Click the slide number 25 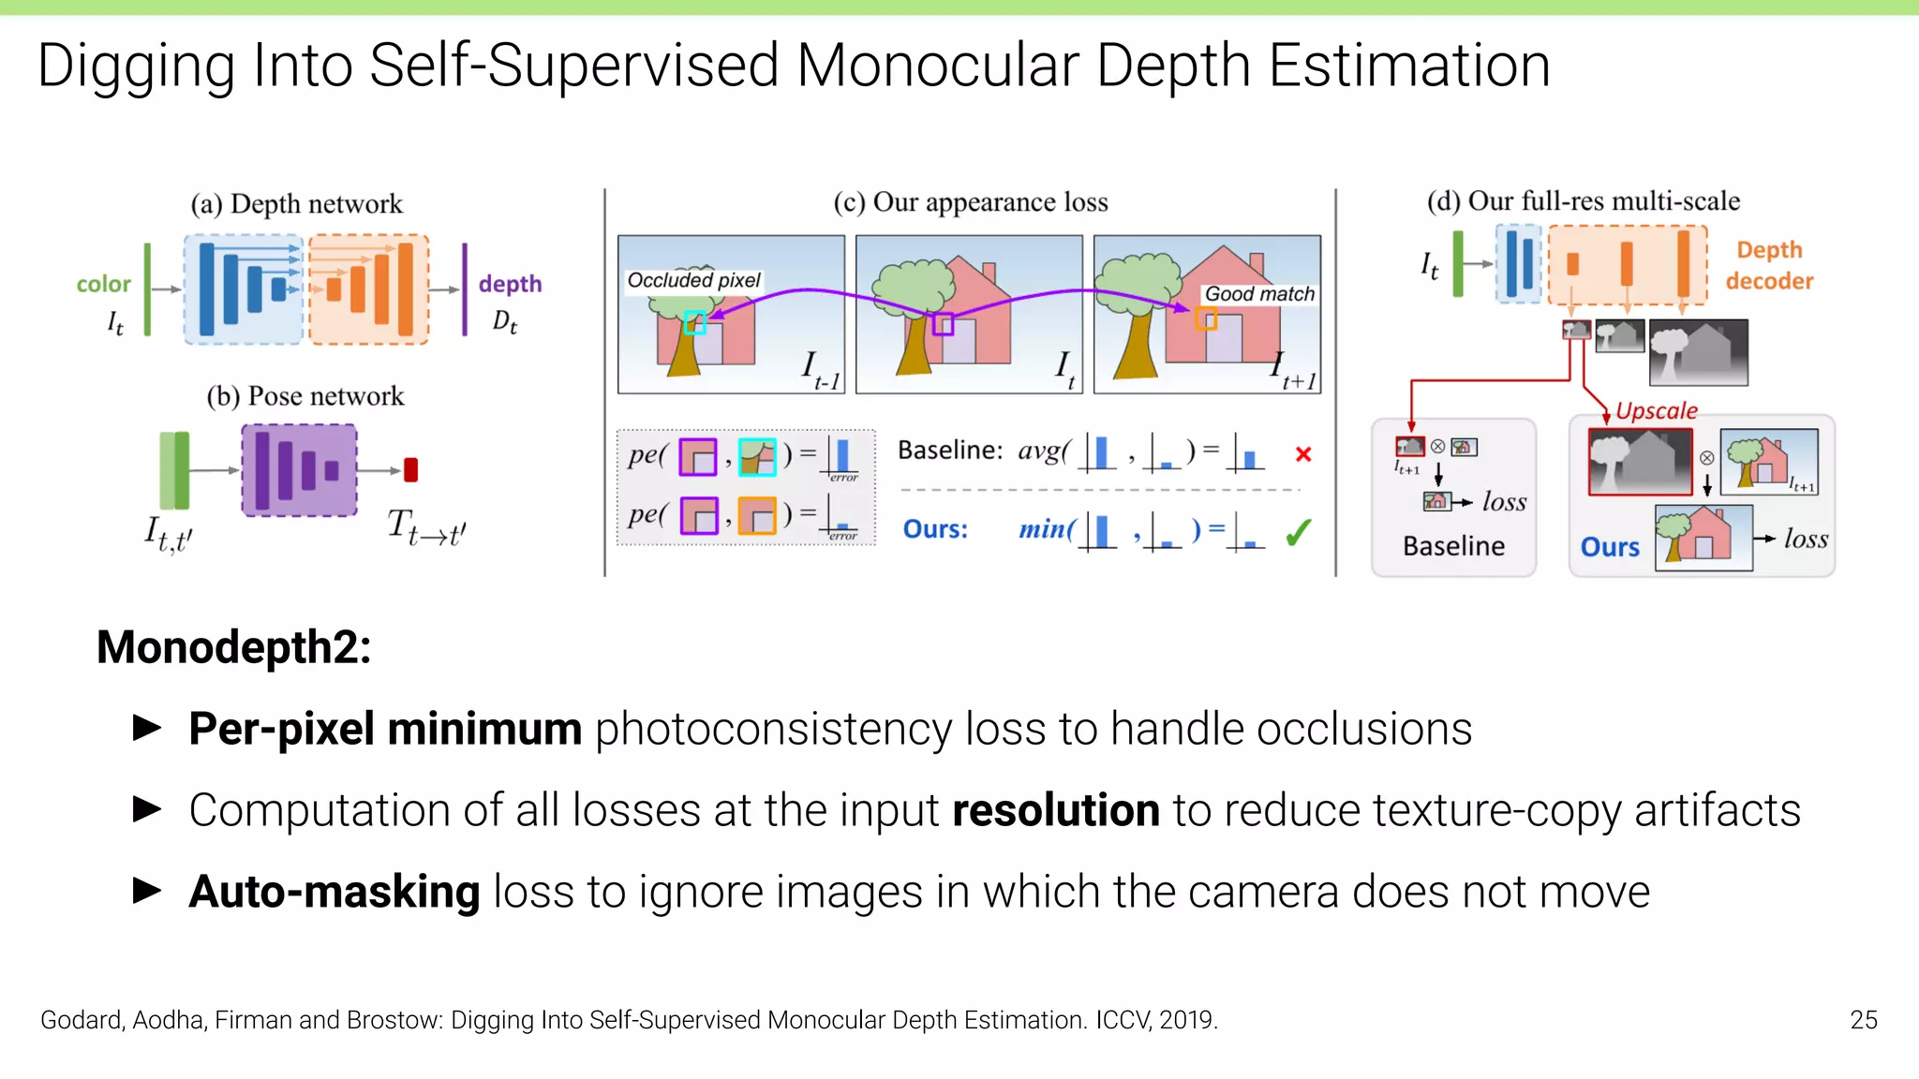(1863, 1019)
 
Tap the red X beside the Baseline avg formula (1302, 454)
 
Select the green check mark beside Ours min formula (1298, 532)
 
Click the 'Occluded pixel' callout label (693, 280)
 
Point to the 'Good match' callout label (1259, 294)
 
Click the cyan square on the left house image (694, 322)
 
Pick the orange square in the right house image (1206, 319)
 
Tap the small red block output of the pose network (410, 469)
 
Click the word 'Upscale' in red (1656, 410)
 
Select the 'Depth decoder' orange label (1769, 265)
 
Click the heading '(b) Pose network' (305, 396)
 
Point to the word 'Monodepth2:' (233, 647)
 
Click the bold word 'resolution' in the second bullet (1055, 810)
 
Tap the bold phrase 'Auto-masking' (335, 892)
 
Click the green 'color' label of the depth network (103, 284)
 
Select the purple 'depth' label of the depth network (510, 284)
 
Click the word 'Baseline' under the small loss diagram (1453, 546)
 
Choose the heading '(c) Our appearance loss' (971, 202)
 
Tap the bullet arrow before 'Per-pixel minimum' (147, 728)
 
